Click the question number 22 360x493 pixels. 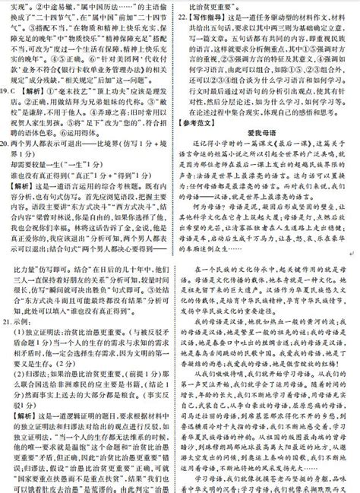click(x=185, y=13)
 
